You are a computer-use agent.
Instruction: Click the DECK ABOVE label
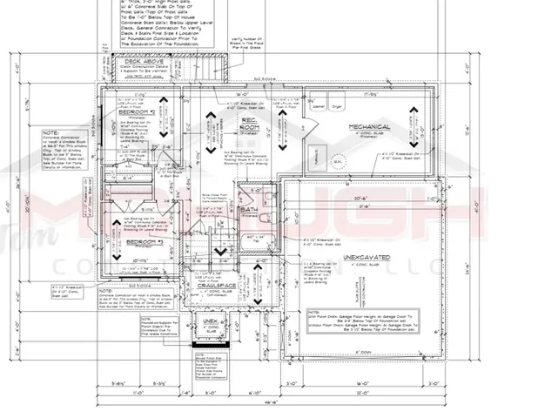tap(146, 61)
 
